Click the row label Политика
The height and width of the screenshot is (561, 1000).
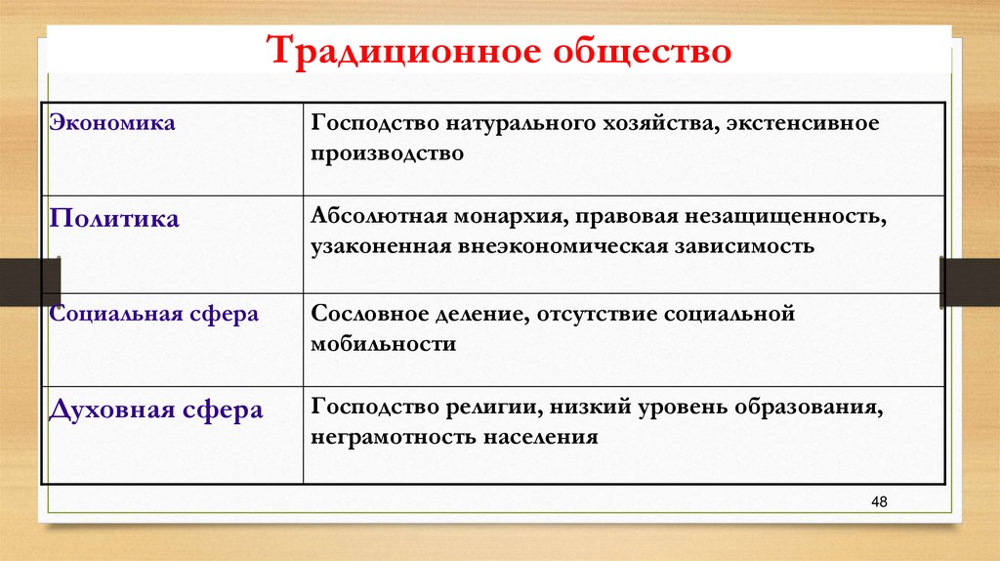114,219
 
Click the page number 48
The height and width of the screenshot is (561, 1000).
878,501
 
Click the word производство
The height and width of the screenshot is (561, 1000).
388,153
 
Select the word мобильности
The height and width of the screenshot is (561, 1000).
384,344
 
